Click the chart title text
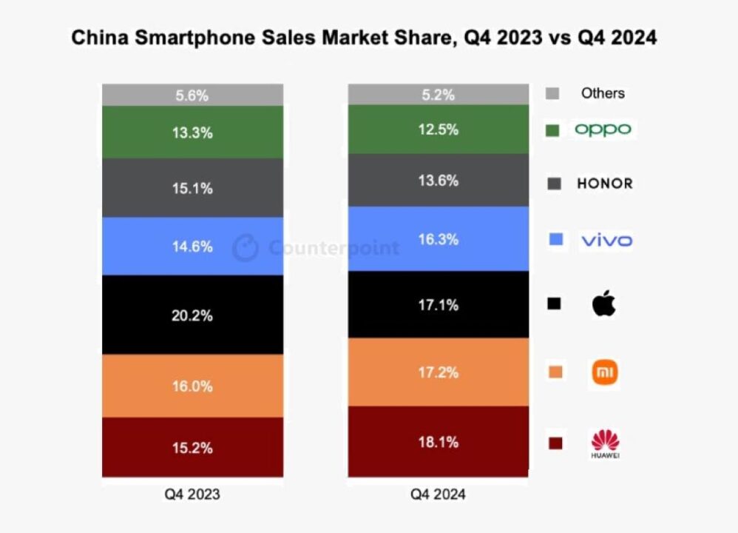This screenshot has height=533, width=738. (x=364, y=38)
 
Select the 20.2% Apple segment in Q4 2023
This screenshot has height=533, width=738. (x=192, y=315)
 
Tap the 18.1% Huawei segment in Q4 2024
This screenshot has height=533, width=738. (x=439, y=441)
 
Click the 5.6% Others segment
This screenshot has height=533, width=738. (x=192, y=95)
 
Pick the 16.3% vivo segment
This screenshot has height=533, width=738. (x=439, y=239)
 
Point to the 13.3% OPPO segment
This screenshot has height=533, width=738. (x=192, y=133)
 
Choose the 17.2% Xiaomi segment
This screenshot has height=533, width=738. (x=439, y=372)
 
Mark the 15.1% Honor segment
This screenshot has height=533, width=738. (x=192, y=187)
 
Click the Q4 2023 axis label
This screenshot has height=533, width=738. (x=192, y=494)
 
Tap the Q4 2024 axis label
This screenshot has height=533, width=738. (x=439, y=494)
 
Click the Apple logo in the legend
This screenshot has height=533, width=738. (x=604, y=303)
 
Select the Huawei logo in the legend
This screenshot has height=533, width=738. (x=606, y=443)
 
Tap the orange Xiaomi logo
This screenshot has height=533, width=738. (x=605, y=372)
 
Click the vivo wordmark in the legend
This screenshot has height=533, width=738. (x=607, y=241)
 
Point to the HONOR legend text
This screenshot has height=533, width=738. (x=605, y=184)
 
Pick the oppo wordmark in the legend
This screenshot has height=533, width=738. (x=603, y=129)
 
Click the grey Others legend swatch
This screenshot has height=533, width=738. (x=552, y=93)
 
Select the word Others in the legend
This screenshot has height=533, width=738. (x=603, y=93)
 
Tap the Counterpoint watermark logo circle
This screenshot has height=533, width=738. (x=246, y=247)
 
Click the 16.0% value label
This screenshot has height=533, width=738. (x=192, y=386)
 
